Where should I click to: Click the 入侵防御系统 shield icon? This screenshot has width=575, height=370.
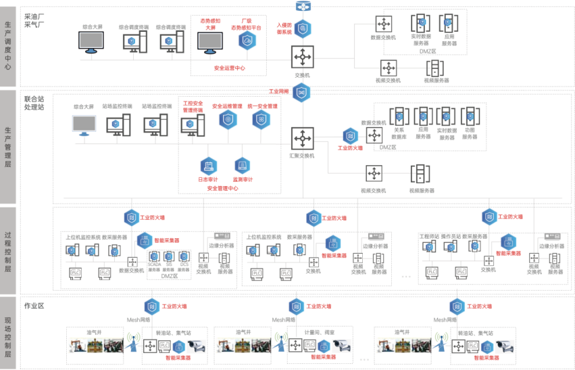tap(302, 28)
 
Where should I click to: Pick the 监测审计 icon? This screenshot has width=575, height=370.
tap(242, 166)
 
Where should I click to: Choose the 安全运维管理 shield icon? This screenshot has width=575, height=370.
tap(228, 120)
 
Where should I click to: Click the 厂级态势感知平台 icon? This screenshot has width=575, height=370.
tap(247, 41)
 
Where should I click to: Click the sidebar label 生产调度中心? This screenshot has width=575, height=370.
tap(7, 46)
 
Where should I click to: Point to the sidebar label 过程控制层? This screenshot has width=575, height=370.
tap(7, 250)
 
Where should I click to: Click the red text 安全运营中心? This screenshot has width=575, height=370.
tap(229, 68)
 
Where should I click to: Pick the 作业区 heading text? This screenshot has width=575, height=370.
tap(34, 306)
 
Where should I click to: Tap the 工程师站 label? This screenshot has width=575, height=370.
tap(429, 237)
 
